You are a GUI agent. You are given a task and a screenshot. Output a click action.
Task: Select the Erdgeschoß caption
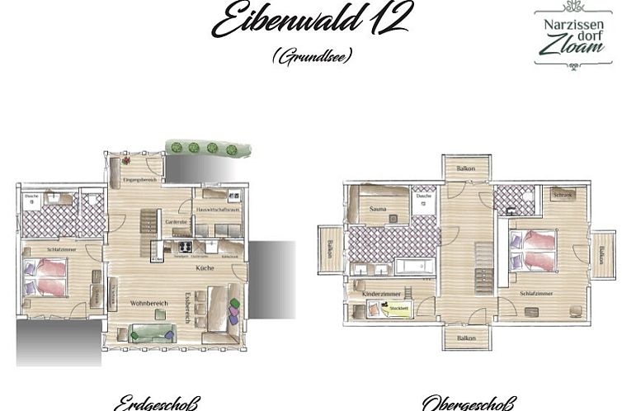(157, 404)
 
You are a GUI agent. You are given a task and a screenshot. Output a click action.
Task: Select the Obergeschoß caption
(468, 404)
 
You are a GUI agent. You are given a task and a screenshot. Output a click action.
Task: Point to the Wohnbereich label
(149, 304)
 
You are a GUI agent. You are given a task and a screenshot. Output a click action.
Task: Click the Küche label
(205, 269)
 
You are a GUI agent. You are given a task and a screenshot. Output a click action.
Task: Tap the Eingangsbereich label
(139, 180)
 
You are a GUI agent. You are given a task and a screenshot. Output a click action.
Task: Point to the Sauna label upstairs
(379, 210)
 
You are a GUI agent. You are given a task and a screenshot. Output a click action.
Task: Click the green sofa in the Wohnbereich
(153, 334)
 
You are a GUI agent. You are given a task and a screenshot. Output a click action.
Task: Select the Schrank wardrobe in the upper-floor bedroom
(563, 195)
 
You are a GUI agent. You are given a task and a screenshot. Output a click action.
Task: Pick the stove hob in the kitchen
(184, 246)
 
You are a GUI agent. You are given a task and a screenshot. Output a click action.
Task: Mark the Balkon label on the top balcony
(466, 169)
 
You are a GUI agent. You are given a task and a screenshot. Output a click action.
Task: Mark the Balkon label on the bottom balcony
(466, 338)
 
